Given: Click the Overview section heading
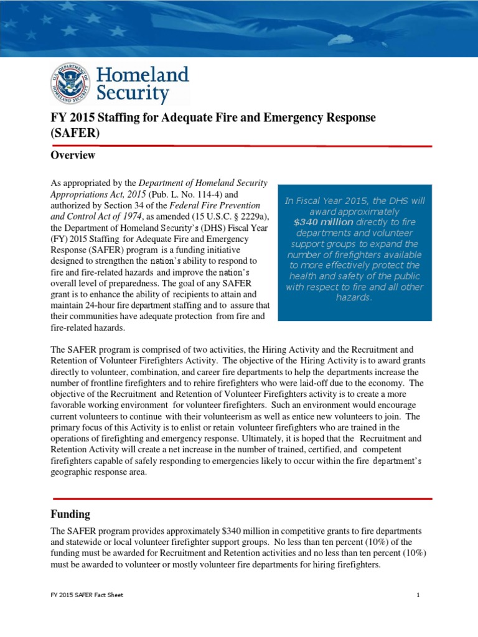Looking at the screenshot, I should (x=73, y=156).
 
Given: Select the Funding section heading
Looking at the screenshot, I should (x=70, y=514).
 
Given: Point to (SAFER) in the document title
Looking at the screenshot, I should (x=75, y=133).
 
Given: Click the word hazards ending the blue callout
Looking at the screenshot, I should (x=354, y=298).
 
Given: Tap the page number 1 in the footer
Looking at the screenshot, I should (x=419, y=595).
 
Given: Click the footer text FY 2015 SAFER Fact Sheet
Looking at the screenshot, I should (x=87, y=595).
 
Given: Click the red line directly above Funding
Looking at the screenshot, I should (x=241, y=499).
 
